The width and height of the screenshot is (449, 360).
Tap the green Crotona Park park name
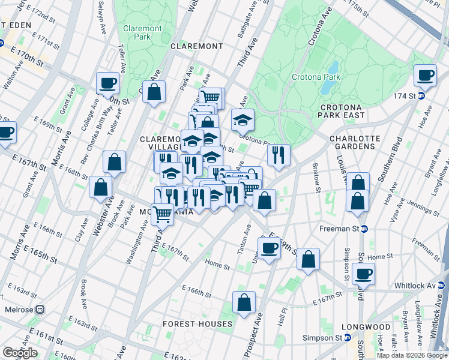pyautogui.click(x=316, y=77)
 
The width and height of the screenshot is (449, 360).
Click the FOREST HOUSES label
pyautogui.click(x=197, y=324)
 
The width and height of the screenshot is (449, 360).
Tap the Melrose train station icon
pyautogui.click(x=40, y=310)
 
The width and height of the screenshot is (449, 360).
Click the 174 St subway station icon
pyautogui.click(x=421, y=95)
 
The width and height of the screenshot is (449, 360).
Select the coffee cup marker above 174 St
pyautogui.click(x=425, y=75)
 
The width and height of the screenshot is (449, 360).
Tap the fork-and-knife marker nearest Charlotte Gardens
pyautogui.click(x=279, y=154)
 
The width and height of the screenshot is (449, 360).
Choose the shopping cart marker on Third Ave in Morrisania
pyautogui.click(x=162, y=213)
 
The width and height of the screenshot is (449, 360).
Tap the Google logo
pyautogui.click(x=20, y=353)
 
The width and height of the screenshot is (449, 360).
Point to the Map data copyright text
pyautogui.click(x=412, y=355)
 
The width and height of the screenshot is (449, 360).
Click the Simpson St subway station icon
pyautogui.click(x=348, y=338)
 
